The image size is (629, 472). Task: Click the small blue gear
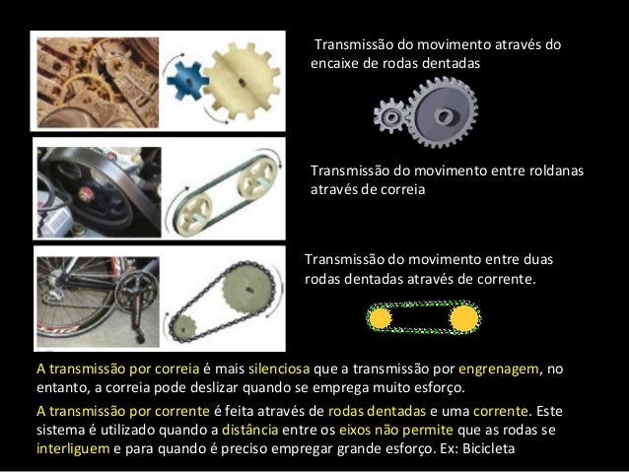[x=187, y=80]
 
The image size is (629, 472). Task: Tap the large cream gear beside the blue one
[x=242, y=82]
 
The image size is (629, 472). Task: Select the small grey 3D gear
[x=390, y=116]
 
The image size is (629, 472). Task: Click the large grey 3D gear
[x=444, y=113]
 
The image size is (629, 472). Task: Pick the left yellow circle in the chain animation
[x=380, y=318]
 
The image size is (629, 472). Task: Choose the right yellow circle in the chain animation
[x=464, y=318]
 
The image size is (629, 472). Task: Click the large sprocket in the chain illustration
[x=247, y=288]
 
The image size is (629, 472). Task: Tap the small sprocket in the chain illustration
[x=183, y=328]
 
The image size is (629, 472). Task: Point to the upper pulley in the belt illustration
[x=257, y=179]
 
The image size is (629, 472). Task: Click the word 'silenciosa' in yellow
[x=279, y=369]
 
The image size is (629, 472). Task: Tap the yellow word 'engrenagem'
[x=499, y=370]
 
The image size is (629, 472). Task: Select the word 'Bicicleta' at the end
[x=489, y=448]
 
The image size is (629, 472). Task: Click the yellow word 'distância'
[x=249, y=430]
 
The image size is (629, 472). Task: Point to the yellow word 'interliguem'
[x=73, y=448]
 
